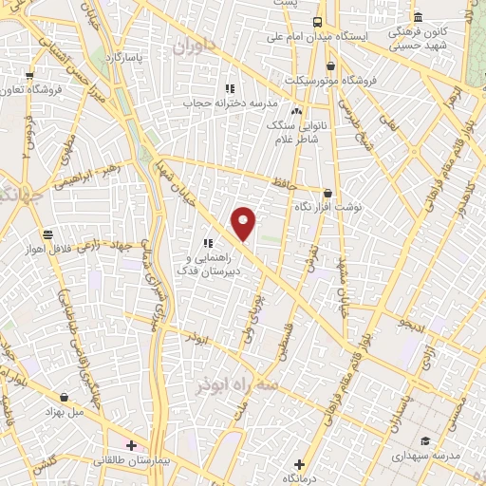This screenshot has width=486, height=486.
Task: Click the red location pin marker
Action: point(244,223)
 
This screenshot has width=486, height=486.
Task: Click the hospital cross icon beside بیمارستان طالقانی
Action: point(131,444)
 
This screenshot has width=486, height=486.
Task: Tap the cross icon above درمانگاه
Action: point(299,464)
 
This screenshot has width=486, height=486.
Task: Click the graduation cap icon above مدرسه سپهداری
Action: point(425,440)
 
